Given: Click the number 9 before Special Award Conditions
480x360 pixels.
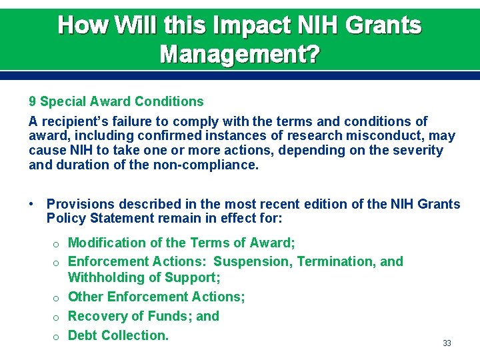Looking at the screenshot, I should click(33, 102).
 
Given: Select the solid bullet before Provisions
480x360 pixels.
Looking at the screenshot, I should click(32, 204).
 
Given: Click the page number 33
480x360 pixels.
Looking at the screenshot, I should click(447, 343).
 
